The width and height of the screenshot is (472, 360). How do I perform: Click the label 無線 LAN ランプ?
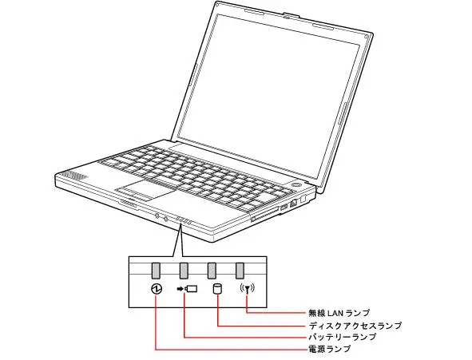(339, 313)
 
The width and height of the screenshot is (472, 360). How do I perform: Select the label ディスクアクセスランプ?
(355, 326)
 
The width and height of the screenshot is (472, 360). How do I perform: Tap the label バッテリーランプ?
(343, 337)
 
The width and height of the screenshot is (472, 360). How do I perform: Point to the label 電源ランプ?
(330, 349)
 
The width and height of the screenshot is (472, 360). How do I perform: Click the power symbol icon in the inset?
(157, 289)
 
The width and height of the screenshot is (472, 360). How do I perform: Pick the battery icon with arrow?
(187, 289)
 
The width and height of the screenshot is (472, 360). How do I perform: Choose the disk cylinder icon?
(217, 289)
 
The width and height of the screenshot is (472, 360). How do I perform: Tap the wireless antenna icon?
(247, 289)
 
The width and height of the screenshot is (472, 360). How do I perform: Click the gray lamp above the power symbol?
(156, 271)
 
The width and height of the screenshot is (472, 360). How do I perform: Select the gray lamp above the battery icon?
(184, 271)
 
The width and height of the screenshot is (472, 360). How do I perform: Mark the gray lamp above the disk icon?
(212, 271)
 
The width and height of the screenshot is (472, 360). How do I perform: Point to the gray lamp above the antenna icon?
(240, 271)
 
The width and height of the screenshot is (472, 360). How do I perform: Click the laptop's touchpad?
(145, 191)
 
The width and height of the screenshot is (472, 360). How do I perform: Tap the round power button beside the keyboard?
(296, 184)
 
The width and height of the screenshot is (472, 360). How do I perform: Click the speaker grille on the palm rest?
(74, 176)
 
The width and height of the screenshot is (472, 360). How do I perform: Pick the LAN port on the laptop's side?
(293, 204)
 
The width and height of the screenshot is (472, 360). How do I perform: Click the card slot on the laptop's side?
(265, 214)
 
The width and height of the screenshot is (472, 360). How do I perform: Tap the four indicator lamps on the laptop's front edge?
(184, 220)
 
